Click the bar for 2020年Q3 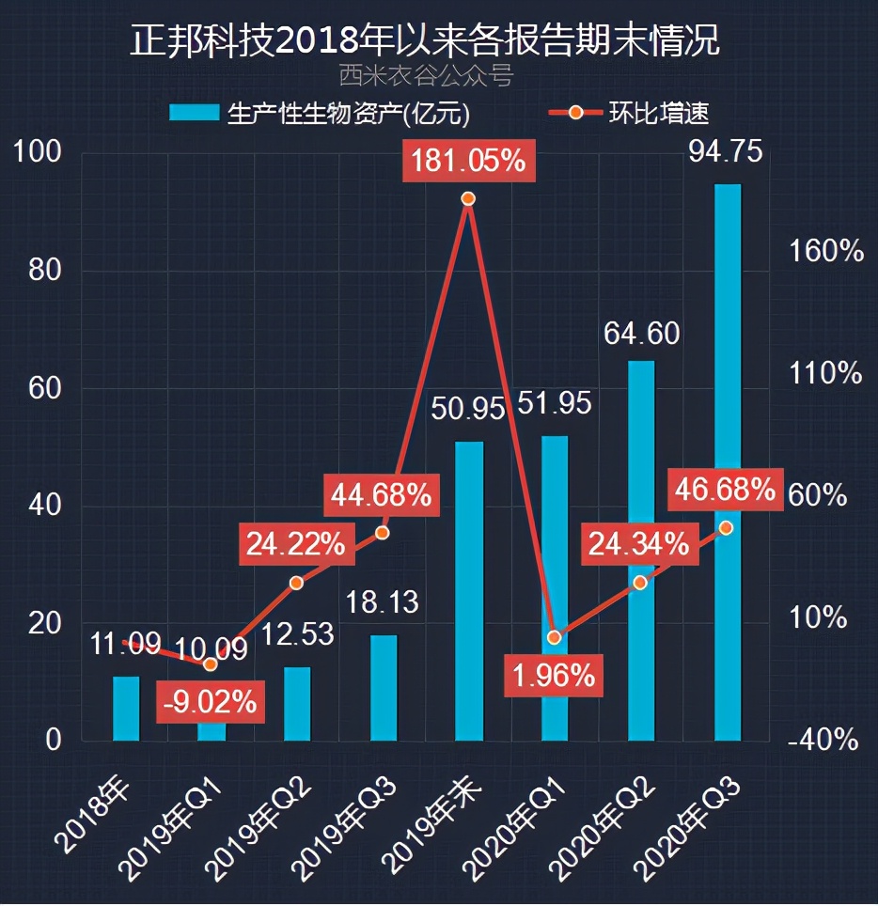[727, 461]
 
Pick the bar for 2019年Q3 [384, 687]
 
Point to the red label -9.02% [209, 702]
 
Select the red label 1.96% [553, 675]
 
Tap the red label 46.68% [725, 489]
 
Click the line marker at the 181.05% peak [468, 198]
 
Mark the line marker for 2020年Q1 [555, 637]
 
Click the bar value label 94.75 [727, 151]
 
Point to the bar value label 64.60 [641, 334]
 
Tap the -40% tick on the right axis [824, 741]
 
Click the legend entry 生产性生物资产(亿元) [320, 114]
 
